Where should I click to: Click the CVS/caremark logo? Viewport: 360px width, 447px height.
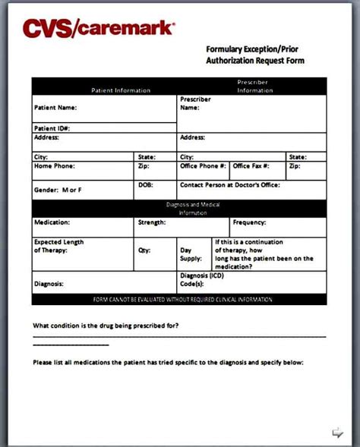99,28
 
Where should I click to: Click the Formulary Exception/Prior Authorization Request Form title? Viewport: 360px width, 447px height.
254,55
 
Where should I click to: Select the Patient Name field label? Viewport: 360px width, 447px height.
55,108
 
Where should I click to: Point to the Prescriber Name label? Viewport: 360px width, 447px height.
195,103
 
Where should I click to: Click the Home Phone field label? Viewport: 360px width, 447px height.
54,165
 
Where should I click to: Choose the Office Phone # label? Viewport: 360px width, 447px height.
203,165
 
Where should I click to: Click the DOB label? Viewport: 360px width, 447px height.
145,184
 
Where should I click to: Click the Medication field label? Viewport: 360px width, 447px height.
52,222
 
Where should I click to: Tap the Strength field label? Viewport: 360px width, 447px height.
151,222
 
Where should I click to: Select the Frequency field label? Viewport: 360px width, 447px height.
249,222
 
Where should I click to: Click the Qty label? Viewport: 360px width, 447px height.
144,249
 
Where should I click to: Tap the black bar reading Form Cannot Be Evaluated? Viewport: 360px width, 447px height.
182,301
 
